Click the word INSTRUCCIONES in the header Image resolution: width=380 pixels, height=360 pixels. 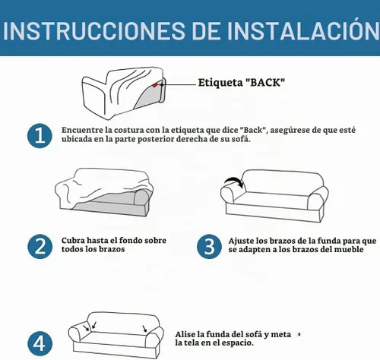(x=93, y=30)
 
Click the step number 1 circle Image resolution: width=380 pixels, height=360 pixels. (x=40, y=136)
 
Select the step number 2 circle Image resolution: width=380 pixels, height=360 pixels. (x=40, y=247)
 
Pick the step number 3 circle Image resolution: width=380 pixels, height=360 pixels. (x=209, y=247)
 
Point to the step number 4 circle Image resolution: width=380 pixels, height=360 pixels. (x=40, y=343)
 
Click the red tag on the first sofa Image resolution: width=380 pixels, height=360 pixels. (x=155, y=85)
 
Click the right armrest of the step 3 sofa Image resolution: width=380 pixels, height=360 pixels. (x=318, y=198)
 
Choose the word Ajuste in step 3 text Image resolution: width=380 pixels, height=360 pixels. (x=241, y=241)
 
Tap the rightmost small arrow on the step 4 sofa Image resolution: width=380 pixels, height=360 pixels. (x=144, y=329)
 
